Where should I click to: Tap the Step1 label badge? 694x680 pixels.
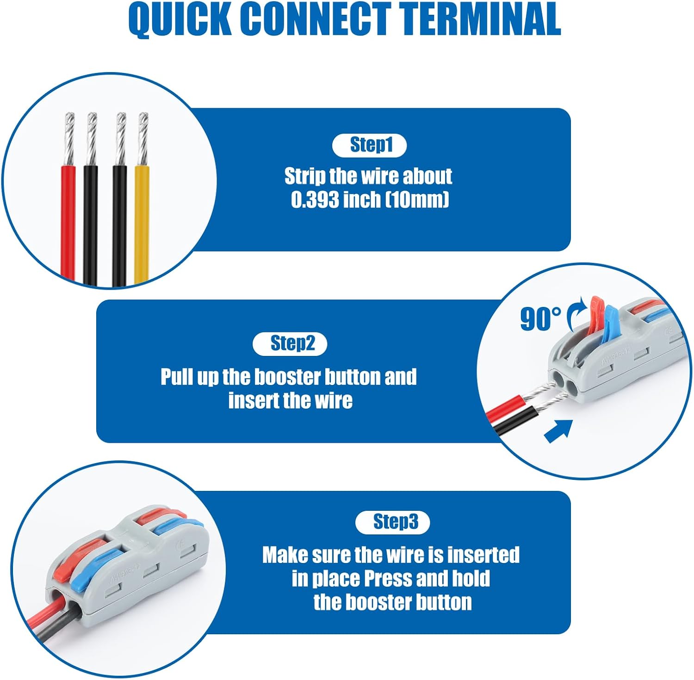click(369, 145)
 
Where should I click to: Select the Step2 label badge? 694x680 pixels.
click(290, 343)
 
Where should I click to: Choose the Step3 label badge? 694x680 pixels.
click(392, 522)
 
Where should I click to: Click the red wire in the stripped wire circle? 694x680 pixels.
click(68, 222)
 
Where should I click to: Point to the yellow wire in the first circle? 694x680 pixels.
click(142, 222)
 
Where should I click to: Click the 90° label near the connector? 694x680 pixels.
click(540, 319)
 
